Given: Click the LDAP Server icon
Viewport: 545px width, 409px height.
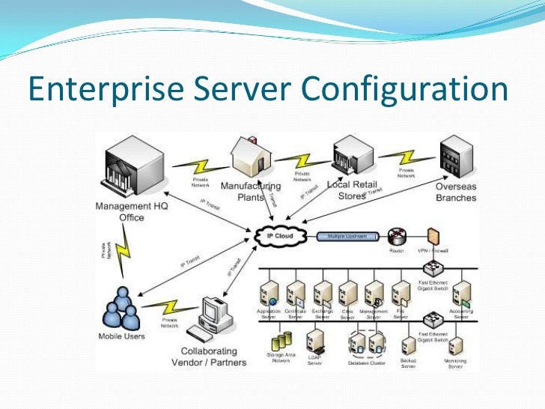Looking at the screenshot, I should (316, 342).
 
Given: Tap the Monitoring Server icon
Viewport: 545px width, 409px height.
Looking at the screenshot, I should (454, 346).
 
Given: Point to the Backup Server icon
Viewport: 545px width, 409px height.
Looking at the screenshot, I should (408, 346).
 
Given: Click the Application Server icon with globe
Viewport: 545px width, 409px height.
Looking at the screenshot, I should (269, 293).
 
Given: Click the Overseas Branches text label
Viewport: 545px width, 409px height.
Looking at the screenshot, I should (455, 192).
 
